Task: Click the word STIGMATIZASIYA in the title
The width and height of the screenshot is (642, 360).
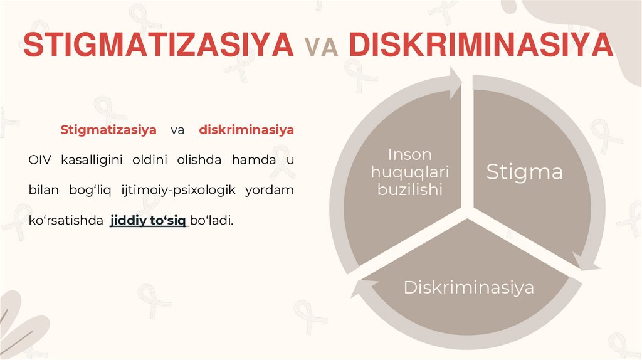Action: [x=157, y=45]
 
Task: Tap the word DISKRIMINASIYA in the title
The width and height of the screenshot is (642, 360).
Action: [x=480, y=45]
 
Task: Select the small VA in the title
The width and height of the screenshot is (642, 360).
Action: [x=320, y=46]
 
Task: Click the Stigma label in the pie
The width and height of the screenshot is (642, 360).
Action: [x=525, y=172]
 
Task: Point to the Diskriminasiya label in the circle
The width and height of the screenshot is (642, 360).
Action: [x=468, y=288]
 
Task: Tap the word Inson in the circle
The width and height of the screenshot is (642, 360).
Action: [x=409, y=154]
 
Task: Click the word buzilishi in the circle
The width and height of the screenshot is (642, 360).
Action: [x=410, y=189]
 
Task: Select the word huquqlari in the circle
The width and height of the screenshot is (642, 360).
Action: [x=411, y=171]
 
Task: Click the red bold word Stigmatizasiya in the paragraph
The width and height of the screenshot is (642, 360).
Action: [x=108, y=130]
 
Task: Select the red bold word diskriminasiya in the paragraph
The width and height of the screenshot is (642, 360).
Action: [x=246, y=130]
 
